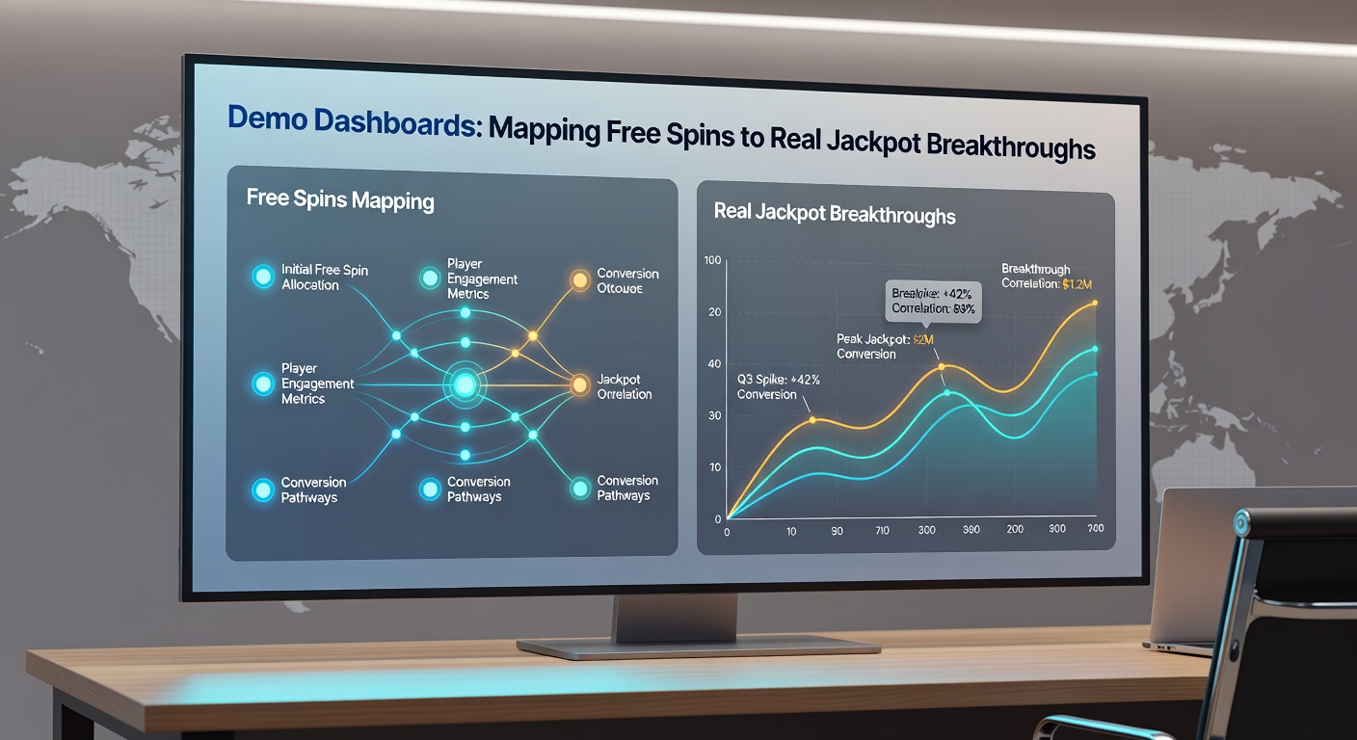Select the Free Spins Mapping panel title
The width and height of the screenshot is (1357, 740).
(340, 200)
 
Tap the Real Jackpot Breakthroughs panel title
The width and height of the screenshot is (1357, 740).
(835, 213)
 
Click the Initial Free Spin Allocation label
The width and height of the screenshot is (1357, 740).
(324, 277)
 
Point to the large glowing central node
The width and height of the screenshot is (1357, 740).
(465, 385)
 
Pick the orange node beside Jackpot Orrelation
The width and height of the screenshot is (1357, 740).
(579, 385)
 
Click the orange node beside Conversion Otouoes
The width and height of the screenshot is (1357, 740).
(579, 280)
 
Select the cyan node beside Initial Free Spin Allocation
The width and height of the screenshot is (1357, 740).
(262, 277)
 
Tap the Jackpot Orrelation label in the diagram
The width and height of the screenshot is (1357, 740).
(624, 386)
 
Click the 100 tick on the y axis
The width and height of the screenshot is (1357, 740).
(713, 261)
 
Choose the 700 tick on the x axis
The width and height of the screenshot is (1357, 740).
(1096, 530)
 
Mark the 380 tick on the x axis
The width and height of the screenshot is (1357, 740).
(971, 531)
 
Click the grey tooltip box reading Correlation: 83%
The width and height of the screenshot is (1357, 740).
(933, 302)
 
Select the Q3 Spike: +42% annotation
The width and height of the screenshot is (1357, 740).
(778, 386)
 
